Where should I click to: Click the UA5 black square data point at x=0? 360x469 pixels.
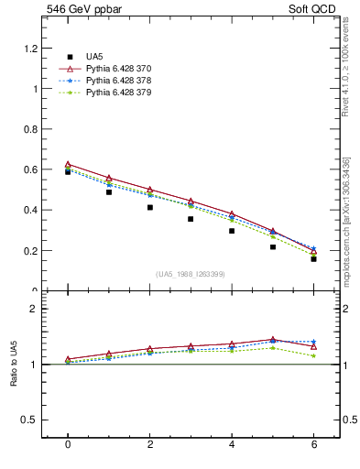(68, 171)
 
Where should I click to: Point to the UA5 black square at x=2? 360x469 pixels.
(149, 207)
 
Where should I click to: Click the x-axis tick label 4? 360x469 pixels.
(232, 445)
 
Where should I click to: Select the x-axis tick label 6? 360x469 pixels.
(313, 445)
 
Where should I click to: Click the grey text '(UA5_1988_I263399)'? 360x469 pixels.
(191, 274)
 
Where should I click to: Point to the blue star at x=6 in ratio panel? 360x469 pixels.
(313, 342)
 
